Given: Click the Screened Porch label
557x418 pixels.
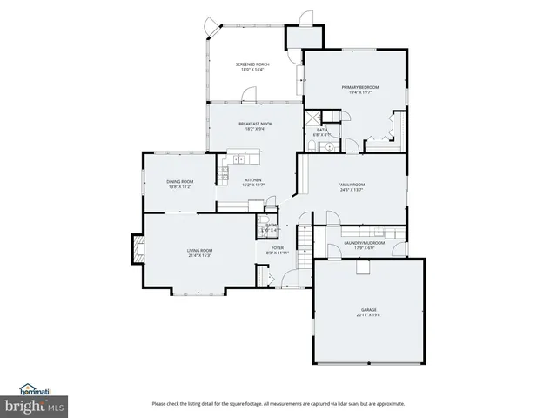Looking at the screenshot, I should pos(253,64).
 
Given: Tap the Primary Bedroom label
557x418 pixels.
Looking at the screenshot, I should pos(360,87).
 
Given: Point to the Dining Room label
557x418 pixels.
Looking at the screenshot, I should pos(180,181).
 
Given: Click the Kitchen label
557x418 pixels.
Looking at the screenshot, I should pos(240,179).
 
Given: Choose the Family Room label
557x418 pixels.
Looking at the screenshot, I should pos(352,185).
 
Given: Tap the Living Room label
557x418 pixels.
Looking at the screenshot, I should pos(199,251).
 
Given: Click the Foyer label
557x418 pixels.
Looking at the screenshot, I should pos(278,247).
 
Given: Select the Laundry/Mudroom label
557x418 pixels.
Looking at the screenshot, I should pos(359,243).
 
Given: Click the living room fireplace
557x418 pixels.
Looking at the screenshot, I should pos(137,250).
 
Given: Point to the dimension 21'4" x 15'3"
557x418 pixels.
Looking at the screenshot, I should pos(199,256).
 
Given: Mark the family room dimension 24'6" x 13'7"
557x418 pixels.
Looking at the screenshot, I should pos(352,190).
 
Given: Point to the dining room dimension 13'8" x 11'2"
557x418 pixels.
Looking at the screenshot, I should pos(180,186).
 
